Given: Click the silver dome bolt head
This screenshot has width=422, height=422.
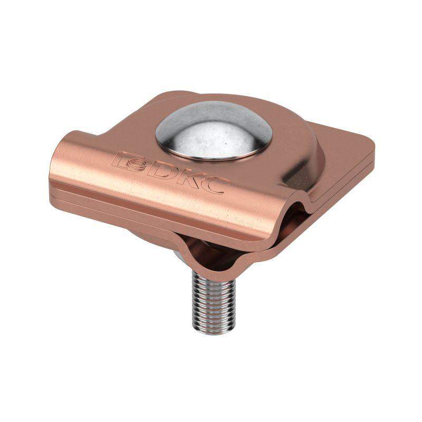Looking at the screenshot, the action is pyautogui.click(x=213, y=130).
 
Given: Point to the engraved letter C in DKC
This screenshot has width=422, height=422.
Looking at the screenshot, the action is pyautogui.click(x=215, y=186).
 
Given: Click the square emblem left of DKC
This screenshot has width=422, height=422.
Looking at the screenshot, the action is pyautogui.click(x=129, y=162).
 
